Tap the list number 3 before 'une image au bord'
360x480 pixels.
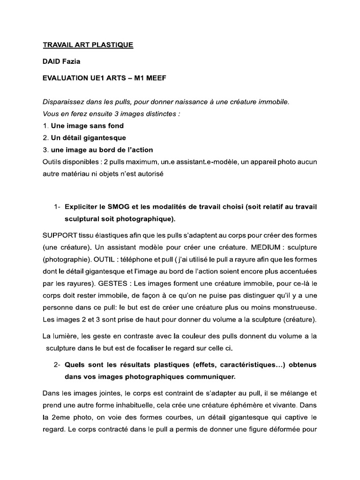click(x=45, y=150)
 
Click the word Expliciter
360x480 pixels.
click(x=82, y=207)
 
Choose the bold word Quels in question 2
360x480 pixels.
click(x=75, y=364)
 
